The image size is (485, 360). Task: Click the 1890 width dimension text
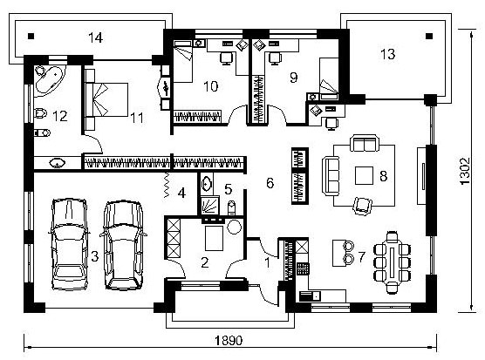229,341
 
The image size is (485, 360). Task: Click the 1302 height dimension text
465,172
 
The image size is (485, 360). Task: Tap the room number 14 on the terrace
95,37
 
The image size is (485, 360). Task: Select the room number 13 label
388,54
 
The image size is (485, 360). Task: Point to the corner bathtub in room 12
50,78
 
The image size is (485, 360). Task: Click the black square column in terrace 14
31,36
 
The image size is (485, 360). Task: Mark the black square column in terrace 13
429,36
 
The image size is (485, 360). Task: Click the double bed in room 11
106,99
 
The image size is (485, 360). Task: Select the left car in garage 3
69,244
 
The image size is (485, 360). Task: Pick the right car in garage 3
123,245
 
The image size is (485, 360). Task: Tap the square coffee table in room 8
364,175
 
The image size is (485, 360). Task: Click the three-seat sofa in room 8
331,175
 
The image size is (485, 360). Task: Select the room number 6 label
270,183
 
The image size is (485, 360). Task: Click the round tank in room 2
234,228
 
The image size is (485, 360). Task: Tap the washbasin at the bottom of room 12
58,162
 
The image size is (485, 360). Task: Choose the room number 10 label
210,86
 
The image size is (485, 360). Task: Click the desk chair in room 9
275,58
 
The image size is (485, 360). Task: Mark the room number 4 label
181,193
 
